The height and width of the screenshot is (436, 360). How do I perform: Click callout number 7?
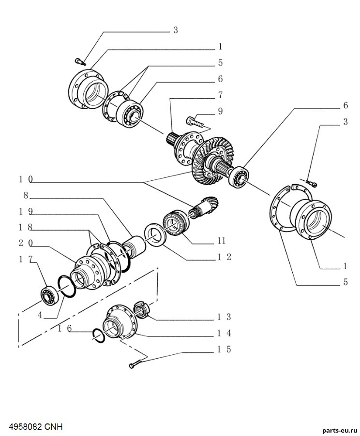(220, 95)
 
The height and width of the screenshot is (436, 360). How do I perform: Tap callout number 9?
(220, 111)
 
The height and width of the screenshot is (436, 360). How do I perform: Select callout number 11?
(221, 240)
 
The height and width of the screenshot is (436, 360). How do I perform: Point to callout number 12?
(225, 257)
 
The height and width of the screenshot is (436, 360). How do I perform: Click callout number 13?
(225, 317)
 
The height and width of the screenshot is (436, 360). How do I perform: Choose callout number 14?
(225, 333)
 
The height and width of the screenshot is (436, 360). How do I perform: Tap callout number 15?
(225, 349)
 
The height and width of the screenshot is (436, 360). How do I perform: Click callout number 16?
(65, 329)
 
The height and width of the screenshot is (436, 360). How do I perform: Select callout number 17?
(26, 259)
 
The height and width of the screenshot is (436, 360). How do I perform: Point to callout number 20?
(26, 243)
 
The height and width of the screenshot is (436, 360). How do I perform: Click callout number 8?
(26, 195)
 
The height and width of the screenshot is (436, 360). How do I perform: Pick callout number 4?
(40, 315)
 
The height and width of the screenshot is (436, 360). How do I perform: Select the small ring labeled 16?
(99, 335)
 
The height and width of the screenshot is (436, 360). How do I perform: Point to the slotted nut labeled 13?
(142, 310)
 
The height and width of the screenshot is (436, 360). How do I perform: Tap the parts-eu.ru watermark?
(340, 431)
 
